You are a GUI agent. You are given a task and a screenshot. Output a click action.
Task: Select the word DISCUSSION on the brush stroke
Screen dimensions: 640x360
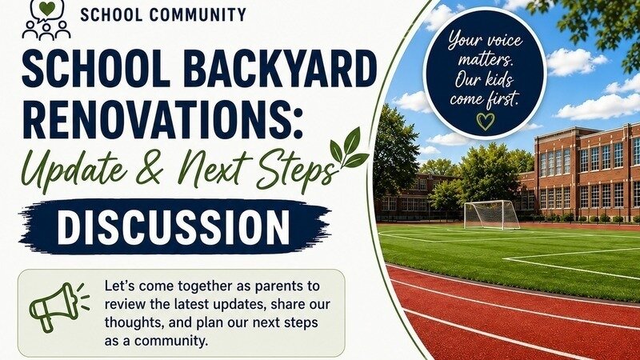pos(173,226)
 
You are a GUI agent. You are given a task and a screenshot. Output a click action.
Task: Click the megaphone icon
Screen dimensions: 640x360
pos(58,306)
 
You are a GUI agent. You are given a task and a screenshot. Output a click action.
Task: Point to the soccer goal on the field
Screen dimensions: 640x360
pos(491,214)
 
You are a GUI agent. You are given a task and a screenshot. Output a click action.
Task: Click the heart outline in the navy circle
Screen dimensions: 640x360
pos(486,122)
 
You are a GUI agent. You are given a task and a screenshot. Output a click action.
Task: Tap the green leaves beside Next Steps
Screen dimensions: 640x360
pos(349,150)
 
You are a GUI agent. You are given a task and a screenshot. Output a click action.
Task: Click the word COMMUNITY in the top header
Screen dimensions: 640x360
pos(198,14)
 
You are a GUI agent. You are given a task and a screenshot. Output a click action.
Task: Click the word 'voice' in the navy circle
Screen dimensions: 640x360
pos(503,41)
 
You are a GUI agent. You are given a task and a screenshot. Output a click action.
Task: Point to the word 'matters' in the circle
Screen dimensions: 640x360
pos(485,61)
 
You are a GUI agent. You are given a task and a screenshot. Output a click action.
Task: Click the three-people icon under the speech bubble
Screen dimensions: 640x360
pos(46,30)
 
